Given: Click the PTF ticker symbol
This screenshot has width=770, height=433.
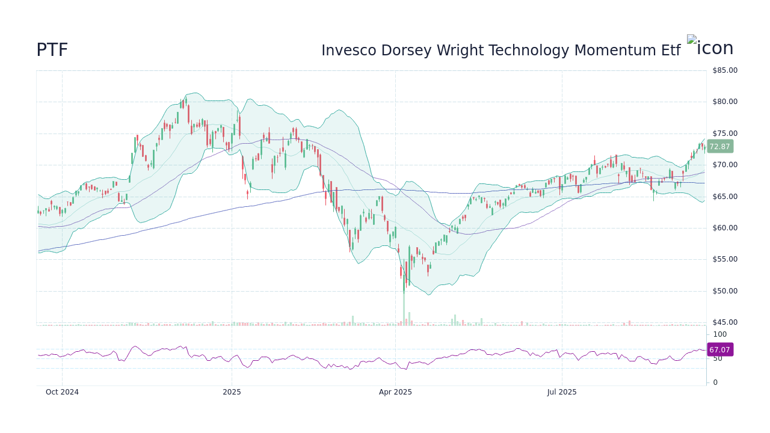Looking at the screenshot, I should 52,51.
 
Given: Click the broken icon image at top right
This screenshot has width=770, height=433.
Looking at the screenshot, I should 710,48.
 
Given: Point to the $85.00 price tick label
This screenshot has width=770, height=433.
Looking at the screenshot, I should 724,70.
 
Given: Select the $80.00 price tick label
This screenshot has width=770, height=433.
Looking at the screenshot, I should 724,102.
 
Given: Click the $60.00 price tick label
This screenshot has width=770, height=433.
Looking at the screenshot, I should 724,228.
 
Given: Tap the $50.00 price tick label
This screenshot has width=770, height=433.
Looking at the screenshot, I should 724,291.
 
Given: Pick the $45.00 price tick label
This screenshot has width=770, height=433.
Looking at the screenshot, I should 724,322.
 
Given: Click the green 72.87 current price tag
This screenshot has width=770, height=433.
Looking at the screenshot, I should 719,147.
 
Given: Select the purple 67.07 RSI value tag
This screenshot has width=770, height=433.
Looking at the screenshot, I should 719,349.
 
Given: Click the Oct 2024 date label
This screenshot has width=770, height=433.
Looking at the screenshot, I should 62,392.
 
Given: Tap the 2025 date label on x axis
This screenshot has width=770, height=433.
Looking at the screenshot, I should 232,392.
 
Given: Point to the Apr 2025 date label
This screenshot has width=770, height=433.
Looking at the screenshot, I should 395,392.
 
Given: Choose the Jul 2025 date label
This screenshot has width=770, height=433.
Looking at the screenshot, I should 562,392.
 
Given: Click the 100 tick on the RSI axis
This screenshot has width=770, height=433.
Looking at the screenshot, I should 719,334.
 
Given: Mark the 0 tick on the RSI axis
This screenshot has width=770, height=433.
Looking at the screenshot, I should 715,382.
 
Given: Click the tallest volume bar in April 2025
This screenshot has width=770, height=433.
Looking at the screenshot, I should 404,310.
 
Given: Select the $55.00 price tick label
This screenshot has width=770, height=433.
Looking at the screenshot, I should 724,259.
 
